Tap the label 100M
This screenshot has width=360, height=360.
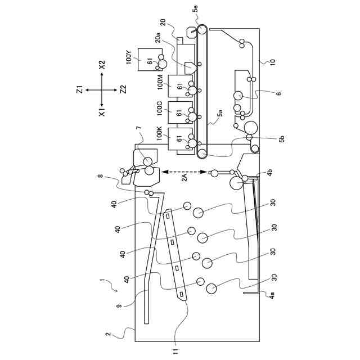coord(160,82)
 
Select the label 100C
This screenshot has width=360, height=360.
coord(160,108)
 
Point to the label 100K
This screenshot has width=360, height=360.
coord(160,133)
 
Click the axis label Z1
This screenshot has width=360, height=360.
coord(79,89)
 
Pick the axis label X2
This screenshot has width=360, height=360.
coord(102,65)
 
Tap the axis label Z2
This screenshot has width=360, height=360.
coord(124,89)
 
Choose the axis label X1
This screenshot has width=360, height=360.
coord(102,112)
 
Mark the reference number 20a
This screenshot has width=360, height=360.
coord(158,38)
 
